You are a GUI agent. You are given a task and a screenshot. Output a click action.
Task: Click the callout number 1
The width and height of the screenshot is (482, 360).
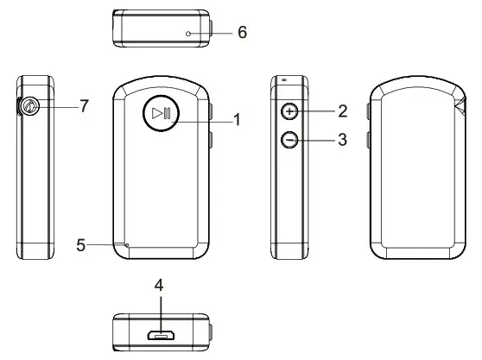click(x=238, y=120)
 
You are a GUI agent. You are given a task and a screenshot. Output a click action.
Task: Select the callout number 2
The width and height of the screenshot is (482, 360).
click(x=342, y=111)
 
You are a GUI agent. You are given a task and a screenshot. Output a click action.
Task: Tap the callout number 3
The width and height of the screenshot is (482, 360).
click(x=342, y=140)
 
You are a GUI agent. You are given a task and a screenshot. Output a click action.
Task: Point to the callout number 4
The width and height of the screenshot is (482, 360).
click(x=159, y=286)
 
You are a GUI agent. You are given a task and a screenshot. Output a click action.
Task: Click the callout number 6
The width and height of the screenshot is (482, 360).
click(x=242, y=31)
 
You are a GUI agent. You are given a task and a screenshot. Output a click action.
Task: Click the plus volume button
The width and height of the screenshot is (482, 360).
click(x=291, y=111)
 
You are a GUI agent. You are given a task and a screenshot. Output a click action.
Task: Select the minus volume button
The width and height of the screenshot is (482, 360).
click(x=291, y=139)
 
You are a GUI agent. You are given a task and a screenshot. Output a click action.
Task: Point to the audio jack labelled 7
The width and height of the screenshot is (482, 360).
click(x=29, y=106)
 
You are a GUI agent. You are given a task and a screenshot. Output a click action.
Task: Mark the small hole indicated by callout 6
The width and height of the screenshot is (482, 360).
click(x=187, y=32)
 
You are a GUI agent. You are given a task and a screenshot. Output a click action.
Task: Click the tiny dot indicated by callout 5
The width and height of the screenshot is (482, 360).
click(x=127, y=245)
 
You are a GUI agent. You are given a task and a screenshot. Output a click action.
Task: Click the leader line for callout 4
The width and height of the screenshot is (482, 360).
click(x=159, y=308)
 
